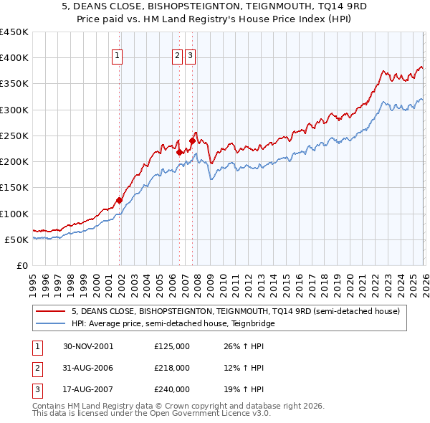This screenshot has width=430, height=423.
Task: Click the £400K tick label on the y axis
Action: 14,58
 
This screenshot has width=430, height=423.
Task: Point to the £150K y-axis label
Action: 14,188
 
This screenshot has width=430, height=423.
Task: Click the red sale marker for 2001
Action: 120,201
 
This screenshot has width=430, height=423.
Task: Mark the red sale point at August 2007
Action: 192,141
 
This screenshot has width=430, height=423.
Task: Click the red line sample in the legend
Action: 52,311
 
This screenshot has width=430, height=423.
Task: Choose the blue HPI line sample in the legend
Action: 52,323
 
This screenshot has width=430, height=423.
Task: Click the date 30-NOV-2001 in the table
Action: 88,346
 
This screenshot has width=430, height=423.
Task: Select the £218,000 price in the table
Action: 172,368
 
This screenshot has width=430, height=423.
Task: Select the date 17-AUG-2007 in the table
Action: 88,389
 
